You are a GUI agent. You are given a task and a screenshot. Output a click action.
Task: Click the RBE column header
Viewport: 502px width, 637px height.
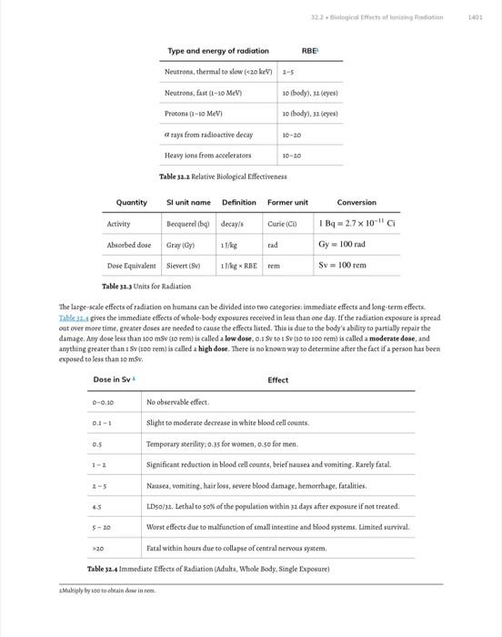coord(310,51)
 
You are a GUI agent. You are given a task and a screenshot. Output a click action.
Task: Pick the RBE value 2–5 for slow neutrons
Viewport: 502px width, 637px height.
coord(288,71)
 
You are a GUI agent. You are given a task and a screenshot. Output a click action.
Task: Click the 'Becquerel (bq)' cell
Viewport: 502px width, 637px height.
coord(188,223)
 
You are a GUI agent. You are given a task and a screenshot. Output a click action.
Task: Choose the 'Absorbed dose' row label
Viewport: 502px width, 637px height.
coord(129,245)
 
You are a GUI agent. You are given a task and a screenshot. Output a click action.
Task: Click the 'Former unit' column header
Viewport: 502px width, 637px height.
coord(287,202)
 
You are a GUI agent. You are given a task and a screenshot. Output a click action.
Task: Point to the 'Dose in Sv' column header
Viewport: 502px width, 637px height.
coord(113,380)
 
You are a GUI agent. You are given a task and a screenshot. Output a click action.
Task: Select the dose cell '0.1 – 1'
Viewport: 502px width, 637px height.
coord(102,423)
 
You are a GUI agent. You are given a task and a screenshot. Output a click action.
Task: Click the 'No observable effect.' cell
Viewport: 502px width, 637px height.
coord(177,402)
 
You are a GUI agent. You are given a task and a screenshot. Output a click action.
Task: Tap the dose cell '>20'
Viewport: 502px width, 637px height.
coord(99,548)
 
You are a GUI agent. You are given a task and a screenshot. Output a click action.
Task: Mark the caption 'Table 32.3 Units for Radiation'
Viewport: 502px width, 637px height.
coord(146,286)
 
